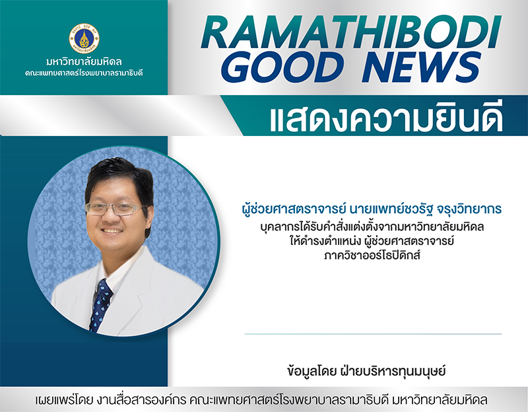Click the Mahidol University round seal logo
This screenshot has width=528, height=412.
pyautogui.click(x=84, y=38)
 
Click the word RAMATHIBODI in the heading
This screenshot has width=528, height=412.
pyautogui.click(x=351, y=33)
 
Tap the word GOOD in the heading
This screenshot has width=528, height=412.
pyautogui.click(x=283, y=67)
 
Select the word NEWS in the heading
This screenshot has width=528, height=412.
pyautogui.click(x=421, y=67)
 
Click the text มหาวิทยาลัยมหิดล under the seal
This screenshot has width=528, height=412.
pyautogui.click(x=84, y=62)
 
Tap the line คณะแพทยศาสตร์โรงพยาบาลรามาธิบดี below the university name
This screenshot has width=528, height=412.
pyautogui.click(x=84, y=73)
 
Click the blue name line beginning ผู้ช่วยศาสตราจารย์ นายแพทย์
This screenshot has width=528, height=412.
pyautogui.click(x=372, y=209)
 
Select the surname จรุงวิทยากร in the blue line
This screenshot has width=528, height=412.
pyautogui.click(x=469, y=209)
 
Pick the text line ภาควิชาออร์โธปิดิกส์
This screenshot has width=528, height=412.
pyautogui.click(x=372, y=256)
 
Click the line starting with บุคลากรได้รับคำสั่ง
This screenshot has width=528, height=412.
pyautogui.click(x=372, y=226)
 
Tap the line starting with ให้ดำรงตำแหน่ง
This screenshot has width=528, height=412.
pyautogui.click(x=372, y=241)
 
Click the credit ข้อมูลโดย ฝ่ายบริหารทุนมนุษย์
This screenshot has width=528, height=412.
pyautogui.click(x=366, y=371)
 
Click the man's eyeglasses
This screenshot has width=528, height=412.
pyautogui.click(x=116, y=209)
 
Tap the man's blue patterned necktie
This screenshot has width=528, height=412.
pyautogui.click(x=100, y=305)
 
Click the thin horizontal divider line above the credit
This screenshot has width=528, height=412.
pyautogui.click(x=373, y=334)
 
